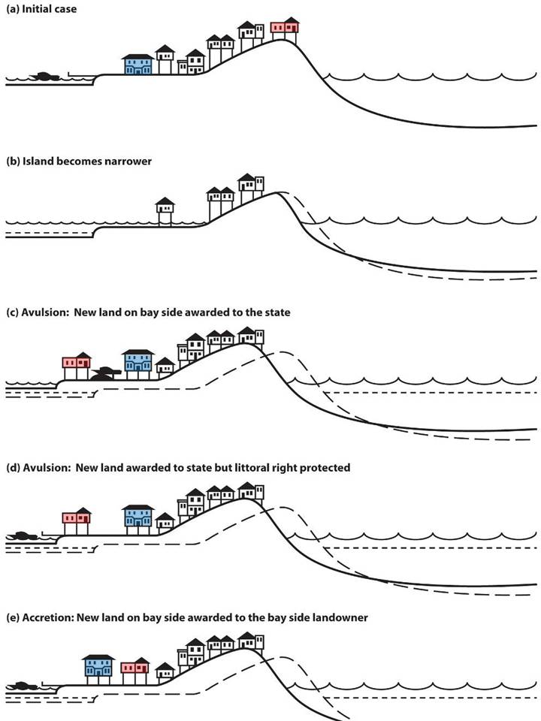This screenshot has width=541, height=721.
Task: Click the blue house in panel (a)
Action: [138, 65]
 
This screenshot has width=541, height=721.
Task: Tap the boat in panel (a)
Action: [44, 77]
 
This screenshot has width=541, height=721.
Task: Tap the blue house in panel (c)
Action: [138, 360]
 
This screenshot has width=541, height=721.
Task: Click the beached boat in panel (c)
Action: [107, 373]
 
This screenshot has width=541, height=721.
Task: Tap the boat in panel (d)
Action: [23, 536]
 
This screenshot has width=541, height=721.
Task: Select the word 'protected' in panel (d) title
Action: [324, 467]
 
